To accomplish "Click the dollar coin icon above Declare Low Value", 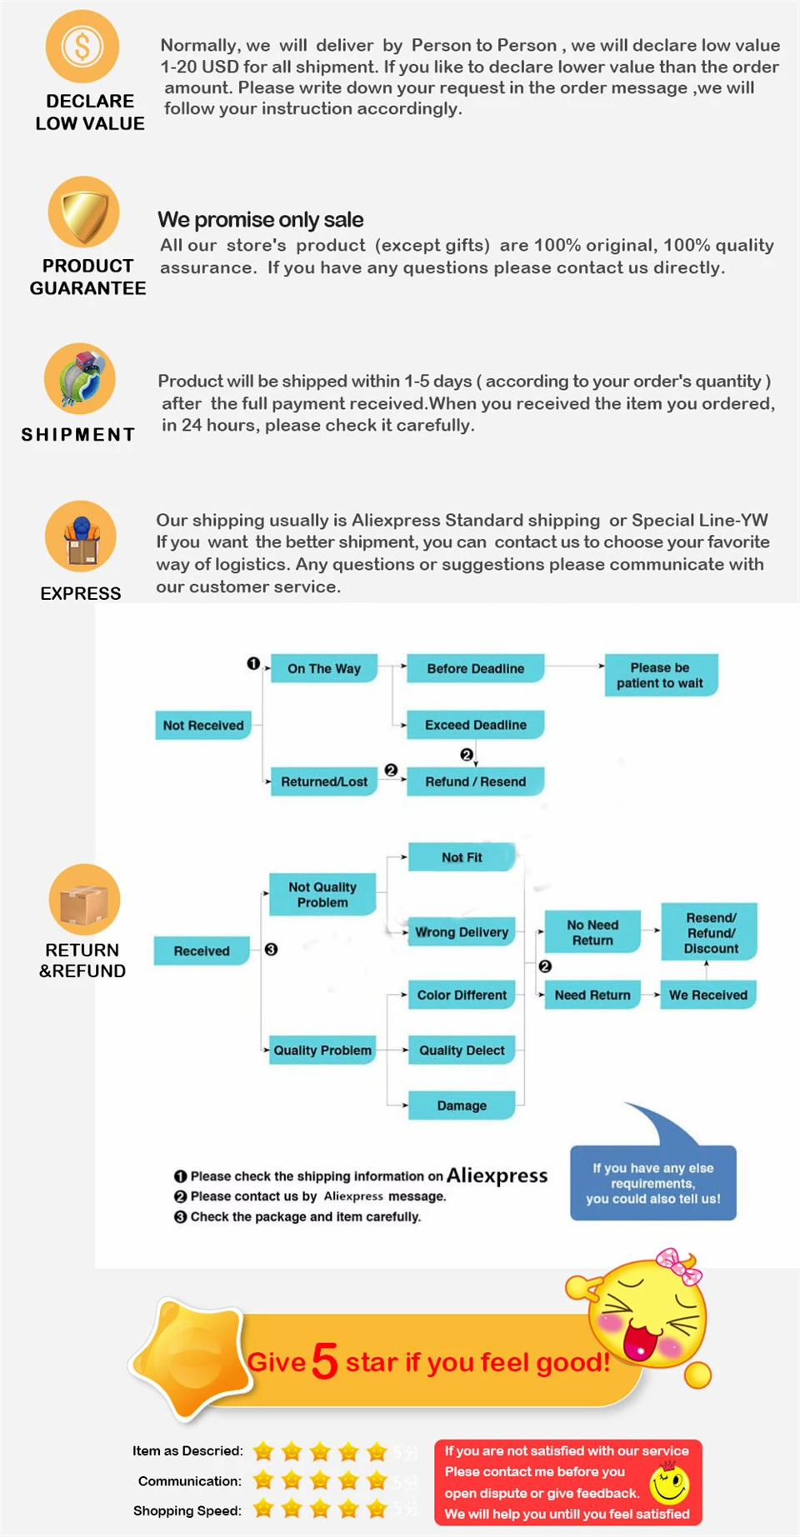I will click(x=82, y=47).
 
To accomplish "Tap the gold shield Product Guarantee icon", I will click(x=83, y=212).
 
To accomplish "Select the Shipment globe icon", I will click(x=80, y=379).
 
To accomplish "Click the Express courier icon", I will click(x=81, y=536).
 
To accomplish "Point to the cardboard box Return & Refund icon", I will click(x=84, y=900).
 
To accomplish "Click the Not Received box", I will click(x=202, y=726).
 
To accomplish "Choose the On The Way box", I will click(x=323, y=668).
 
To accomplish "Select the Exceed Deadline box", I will click(x=475, y=725).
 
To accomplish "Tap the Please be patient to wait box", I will click(x=660, y=675).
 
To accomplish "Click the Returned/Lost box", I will click(x=323, y=781).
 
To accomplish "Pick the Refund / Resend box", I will click(x=475, y=781).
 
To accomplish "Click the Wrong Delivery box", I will click(x=462, y=932).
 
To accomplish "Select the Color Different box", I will click(x=462, y=995).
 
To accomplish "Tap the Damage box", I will click(x=462, y=1105).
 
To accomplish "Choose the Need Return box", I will click(x=592, y=995).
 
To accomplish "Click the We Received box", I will click(x=707, y=995).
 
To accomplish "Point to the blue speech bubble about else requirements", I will click(x=653, y=1183).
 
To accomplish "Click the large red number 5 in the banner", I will click(x=325, y=1361).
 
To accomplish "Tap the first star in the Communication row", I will click(x=263, y=1480).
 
